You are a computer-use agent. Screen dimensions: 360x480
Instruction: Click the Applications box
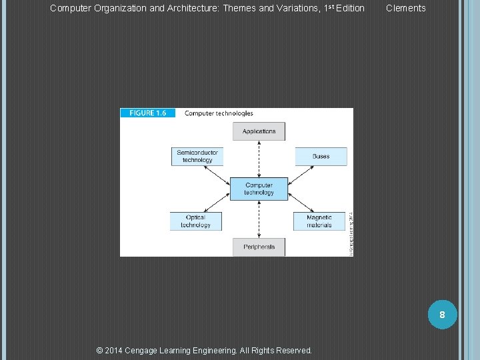[259, 131]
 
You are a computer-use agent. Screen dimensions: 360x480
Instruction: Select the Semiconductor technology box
[197, 157]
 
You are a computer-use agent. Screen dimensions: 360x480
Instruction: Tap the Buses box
[321, 157]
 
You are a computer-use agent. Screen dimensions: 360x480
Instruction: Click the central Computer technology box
[259, 189]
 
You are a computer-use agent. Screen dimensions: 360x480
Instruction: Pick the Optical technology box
[195, 221]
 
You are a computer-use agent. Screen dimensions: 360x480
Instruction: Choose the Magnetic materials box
[319, 221]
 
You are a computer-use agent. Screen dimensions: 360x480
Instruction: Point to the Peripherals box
[259, 247]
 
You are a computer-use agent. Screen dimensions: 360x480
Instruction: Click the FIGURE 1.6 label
[148, 113]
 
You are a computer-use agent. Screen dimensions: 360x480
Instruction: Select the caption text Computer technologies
[219, 113]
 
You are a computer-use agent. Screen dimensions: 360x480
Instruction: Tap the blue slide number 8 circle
[441, 313]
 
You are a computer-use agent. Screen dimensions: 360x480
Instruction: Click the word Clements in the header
[405, 8]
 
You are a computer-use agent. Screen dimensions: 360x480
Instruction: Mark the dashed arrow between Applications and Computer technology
[259, 159]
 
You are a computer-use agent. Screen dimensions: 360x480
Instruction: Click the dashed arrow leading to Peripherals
[259, 219]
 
